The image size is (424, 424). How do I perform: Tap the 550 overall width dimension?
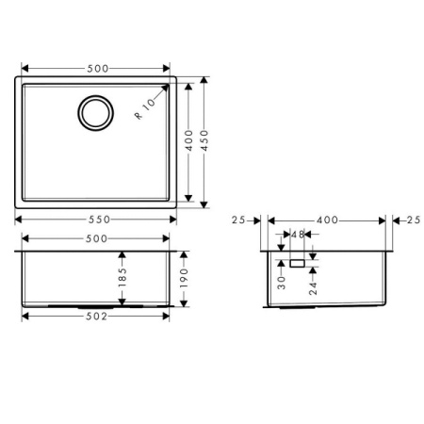[x=96, y=220]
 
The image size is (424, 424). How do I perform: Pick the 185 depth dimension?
[x=122, y=279]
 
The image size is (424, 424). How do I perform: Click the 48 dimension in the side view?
[x=296, y=235]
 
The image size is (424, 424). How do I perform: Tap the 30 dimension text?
[x=281, y=280]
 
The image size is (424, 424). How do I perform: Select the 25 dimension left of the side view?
[x=237, y=220]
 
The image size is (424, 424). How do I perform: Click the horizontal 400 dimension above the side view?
[x=327, y=220]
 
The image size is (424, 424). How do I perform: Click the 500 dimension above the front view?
[x=95, y=239]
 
